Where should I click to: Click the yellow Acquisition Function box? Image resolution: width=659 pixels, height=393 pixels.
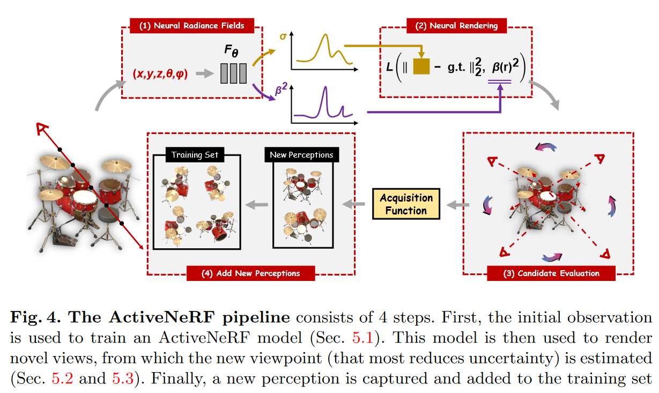(x=406, y=204)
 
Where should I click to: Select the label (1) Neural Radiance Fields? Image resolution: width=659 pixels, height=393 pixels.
(x=191, y=25)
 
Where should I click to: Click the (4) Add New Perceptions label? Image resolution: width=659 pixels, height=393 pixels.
(x=250, y=273)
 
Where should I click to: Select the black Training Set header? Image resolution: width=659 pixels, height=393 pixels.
(x=195, y=155)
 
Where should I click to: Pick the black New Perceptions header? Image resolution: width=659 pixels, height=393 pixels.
(x=301, y=155)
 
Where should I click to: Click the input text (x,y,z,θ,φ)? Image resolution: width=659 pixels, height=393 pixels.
(x=160, y=74)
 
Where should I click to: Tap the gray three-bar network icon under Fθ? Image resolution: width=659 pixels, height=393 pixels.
(x=233, y=73)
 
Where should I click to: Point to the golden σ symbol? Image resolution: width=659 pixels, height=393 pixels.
(x=283, y=38)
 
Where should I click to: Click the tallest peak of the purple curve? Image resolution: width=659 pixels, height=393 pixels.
(x=325, y=89)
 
